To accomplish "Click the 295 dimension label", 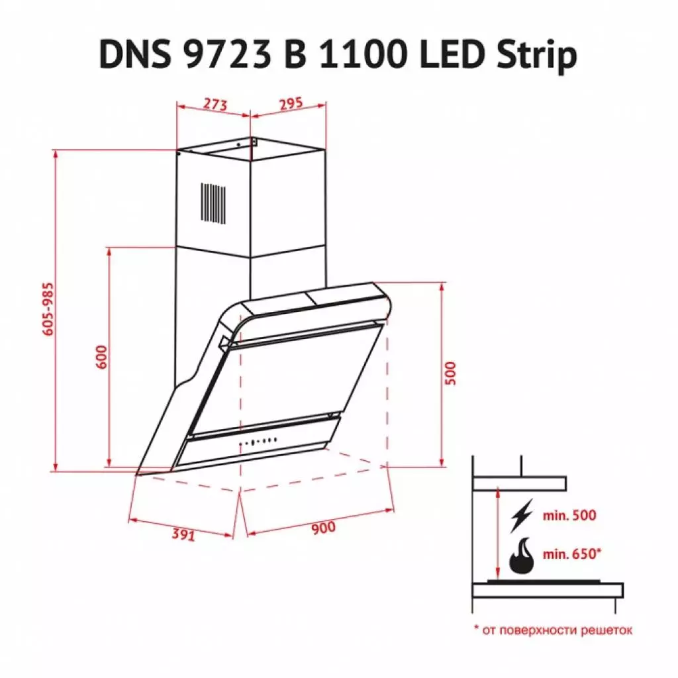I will pyautogui.click(x=289, y=103).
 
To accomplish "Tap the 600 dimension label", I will pyautogui.click(x=101, y=358).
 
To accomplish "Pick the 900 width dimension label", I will pyautogui.click(x=321, y=528).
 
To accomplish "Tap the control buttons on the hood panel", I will pyautogui.click(x=259, y=442).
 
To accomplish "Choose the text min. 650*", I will pyautogui.click(x=573, y=554).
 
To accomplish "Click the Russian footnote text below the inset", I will pyautogui.click(x=553, y=630).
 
